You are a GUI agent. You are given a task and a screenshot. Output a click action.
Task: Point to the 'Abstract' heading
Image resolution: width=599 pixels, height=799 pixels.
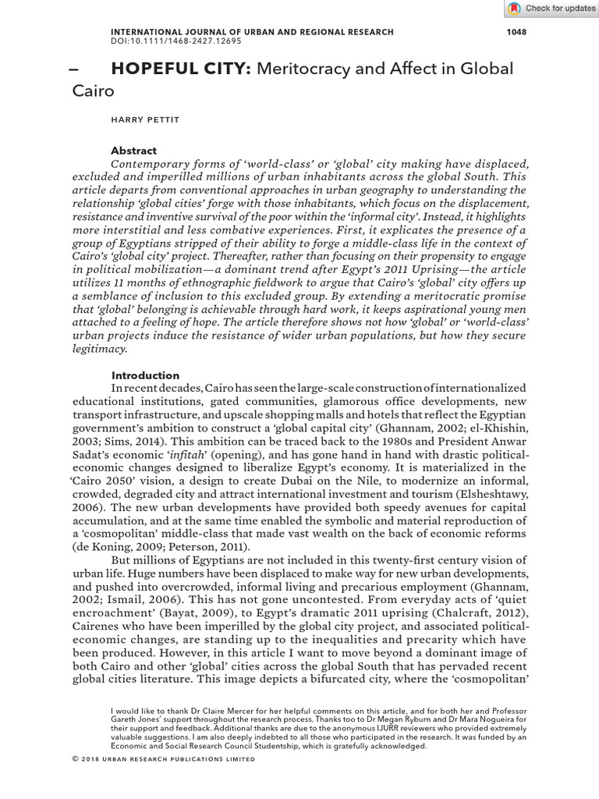point(133,151)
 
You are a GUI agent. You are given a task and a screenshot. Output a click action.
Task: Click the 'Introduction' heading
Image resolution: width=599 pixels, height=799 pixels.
point(145,375)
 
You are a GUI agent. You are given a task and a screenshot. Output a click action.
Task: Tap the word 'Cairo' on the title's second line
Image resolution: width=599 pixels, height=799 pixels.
point(93,91)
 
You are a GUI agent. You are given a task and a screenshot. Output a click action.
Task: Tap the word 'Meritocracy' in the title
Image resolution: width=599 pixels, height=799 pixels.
point(305,69)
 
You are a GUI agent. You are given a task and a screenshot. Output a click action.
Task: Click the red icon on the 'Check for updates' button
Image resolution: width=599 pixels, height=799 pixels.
point(514,9)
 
